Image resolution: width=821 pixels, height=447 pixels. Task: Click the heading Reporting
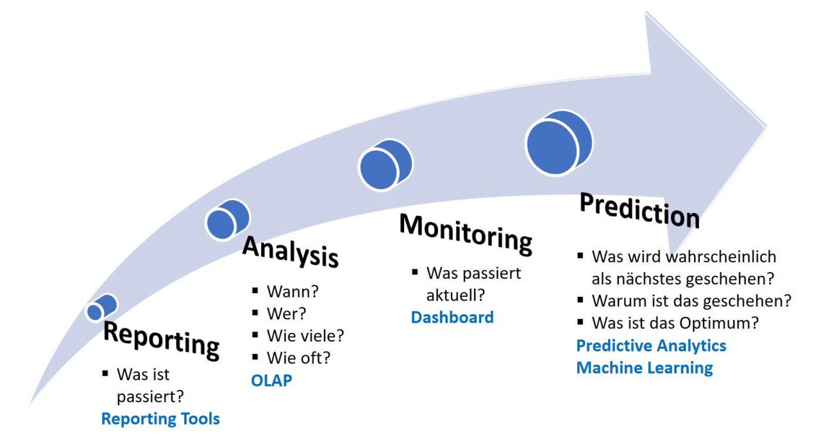(161, 339)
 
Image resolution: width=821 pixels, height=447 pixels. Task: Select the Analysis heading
(290, 251)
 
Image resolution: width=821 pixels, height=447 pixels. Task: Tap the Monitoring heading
(466, 233)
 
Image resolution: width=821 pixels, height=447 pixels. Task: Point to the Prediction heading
(639, 210)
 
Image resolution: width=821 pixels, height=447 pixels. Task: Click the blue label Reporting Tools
(160, 419)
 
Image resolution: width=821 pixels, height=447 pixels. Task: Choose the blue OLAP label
(271, 380)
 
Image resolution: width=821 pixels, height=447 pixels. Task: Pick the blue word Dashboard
(452, 317)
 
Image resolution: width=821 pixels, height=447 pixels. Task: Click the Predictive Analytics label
(651, 346)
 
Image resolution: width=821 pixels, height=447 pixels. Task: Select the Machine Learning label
(644, 367)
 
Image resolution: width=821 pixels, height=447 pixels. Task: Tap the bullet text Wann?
(292, 292)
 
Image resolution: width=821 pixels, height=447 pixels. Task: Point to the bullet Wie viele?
(305, 335)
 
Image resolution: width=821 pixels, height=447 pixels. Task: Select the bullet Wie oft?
(299, 357)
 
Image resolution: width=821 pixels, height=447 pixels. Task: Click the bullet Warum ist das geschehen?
(691, 300)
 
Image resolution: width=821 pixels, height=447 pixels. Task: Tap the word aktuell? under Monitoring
(455, 295)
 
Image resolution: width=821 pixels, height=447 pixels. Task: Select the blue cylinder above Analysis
(227, 219)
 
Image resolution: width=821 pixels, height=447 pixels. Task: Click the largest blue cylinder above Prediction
(558, 144)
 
